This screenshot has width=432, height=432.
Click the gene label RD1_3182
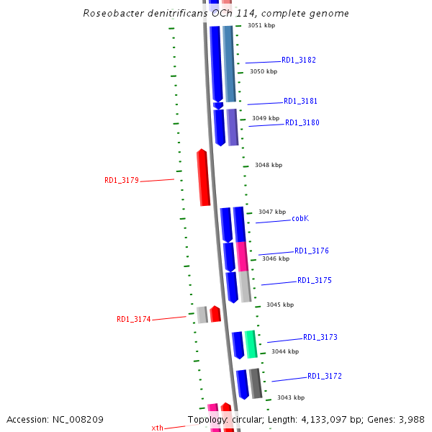(298, 60)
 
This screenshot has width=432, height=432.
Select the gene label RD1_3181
(300, 102)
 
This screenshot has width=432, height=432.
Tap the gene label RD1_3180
(302, 122)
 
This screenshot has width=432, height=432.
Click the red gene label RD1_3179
(121, 181)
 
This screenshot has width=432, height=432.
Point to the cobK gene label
(300, 218)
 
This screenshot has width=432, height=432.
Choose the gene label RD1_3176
(311, 251)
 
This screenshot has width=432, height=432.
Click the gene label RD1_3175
(314, 280)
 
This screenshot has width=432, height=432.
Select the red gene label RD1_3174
(133, 319)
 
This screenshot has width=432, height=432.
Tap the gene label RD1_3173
(320, 337)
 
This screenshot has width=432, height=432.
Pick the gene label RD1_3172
(324, 376)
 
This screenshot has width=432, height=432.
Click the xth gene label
(157, 428)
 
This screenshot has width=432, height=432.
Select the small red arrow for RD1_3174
(215, 314)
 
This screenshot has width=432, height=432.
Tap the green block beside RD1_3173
(251, 344)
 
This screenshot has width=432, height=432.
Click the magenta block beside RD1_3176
(242, 256)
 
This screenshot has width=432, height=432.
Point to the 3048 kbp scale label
(268, 165)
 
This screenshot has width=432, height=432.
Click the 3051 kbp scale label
(261, 25)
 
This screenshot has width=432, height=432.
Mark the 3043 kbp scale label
(290, 397)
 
